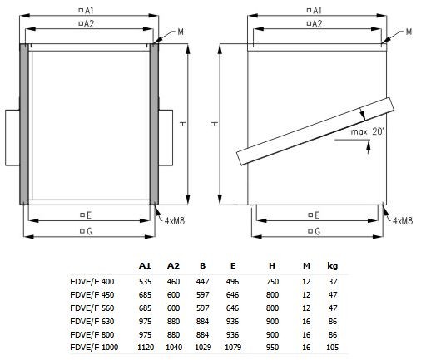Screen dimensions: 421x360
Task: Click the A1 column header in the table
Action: point(145,265)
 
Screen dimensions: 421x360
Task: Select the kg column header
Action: point(333,266)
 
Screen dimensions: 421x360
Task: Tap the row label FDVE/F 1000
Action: point(94,347)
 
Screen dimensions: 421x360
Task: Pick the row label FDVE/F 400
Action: point(92,281)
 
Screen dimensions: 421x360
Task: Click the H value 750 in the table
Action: point(272,281)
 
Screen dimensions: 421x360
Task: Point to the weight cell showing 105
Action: point(332,347)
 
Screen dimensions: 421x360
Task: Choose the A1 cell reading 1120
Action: point(146,347)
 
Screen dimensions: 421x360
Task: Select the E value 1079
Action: point(233,347)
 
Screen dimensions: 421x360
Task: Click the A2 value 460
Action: point(173,281)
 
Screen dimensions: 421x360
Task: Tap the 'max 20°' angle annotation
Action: point(368,131)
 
